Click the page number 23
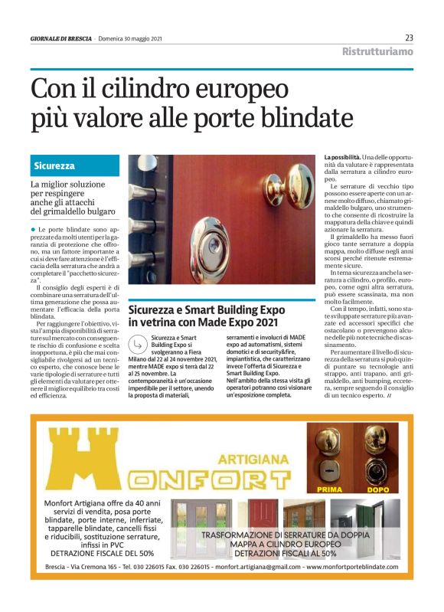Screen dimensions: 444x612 [x=409, y=38]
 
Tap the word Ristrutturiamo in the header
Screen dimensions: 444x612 [x=377, y=52]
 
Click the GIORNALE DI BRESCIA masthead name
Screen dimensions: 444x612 [x=60, y=38]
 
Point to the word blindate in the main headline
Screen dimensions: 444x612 [x=298, y=118]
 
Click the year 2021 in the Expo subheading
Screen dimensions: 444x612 [x=260, y=323]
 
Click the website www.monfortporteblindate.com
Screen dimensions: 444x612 [x=352, y=568]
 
